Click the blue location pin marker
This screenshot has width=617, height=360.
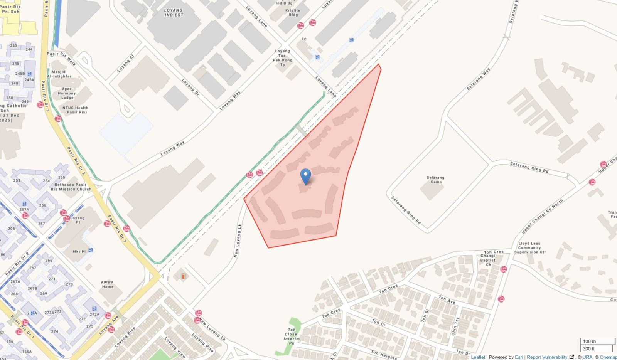pos(305,177)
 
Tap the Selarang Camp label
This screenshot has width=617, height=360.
pos(435,180)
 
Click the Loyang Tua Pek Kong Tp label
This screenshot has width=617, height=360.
pos(283,58)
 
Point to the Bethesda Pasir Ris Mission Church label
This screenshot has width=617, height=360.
pos(71,187)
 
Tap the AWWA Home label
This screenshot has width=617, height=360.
pos(108,284)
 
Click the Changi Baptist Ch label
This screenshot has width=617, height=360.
pos(488,260)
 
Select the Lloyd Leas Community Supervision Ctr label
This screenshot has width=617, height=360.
pos(529,248)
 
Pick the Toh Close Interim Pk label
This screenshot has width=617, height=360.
pos(292,336)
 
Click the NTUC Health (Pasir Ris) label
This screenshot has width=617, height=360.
pos(76,110)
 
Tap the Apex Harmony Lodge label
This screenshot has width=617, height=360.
pos(67,93)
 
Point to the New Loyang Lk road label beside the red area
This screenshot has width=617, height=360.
pos(238,241)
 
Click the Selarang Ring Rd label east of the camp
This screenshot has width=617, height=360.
pos(529,167)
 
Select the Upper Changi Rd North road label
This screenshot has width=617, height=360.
pos(542,216)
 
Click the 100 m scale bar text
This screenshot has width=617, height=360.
pos(589,341)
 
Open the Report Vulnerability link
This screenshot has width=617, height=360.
pos(547,357)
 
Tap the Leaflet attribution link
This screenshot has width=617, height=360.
pos(478,357)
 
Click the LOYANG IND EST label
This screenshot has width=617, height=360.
pos(174,13)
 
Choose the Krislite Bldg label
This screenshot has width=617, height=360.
pos(293,13)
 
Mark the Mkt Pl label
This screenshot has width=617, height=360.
pos(79,252)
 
